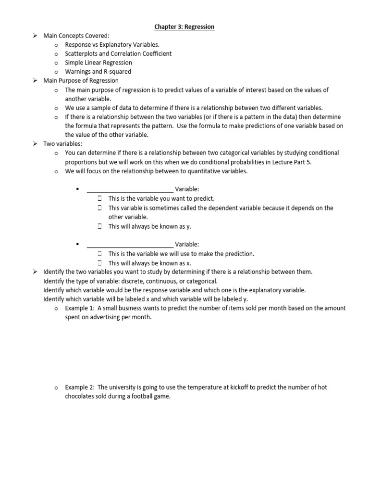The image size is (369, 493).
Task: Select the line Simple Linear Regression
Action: click(x=98, y=63)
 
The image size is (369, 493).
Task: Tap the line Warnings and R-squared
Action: click(x=98, y=72)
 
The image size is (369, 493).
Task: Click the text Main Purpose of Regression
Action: click(x=81, y=80)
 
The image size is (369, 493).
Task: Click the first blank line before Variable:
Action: click(x=130, y=189)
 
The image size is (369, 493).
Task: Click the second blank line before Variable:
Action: click(x=130, y=245)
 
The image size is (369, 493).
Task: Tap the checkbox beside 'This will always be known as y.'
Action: click(x=100, y=226)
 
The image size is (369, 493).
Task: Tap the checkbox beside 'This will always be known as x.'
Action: click(x=100, y=263)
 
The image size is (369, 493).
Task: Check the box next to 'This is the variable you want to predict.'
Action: click(x=100, y=198)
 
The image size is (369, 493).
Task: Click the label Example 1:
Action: click(x=80, y=308)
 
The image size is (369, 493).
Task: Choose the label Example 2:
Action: click(x=80, y=387)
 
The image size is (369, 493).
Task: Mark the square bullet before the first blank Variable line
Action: click(x=77, y=189)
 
